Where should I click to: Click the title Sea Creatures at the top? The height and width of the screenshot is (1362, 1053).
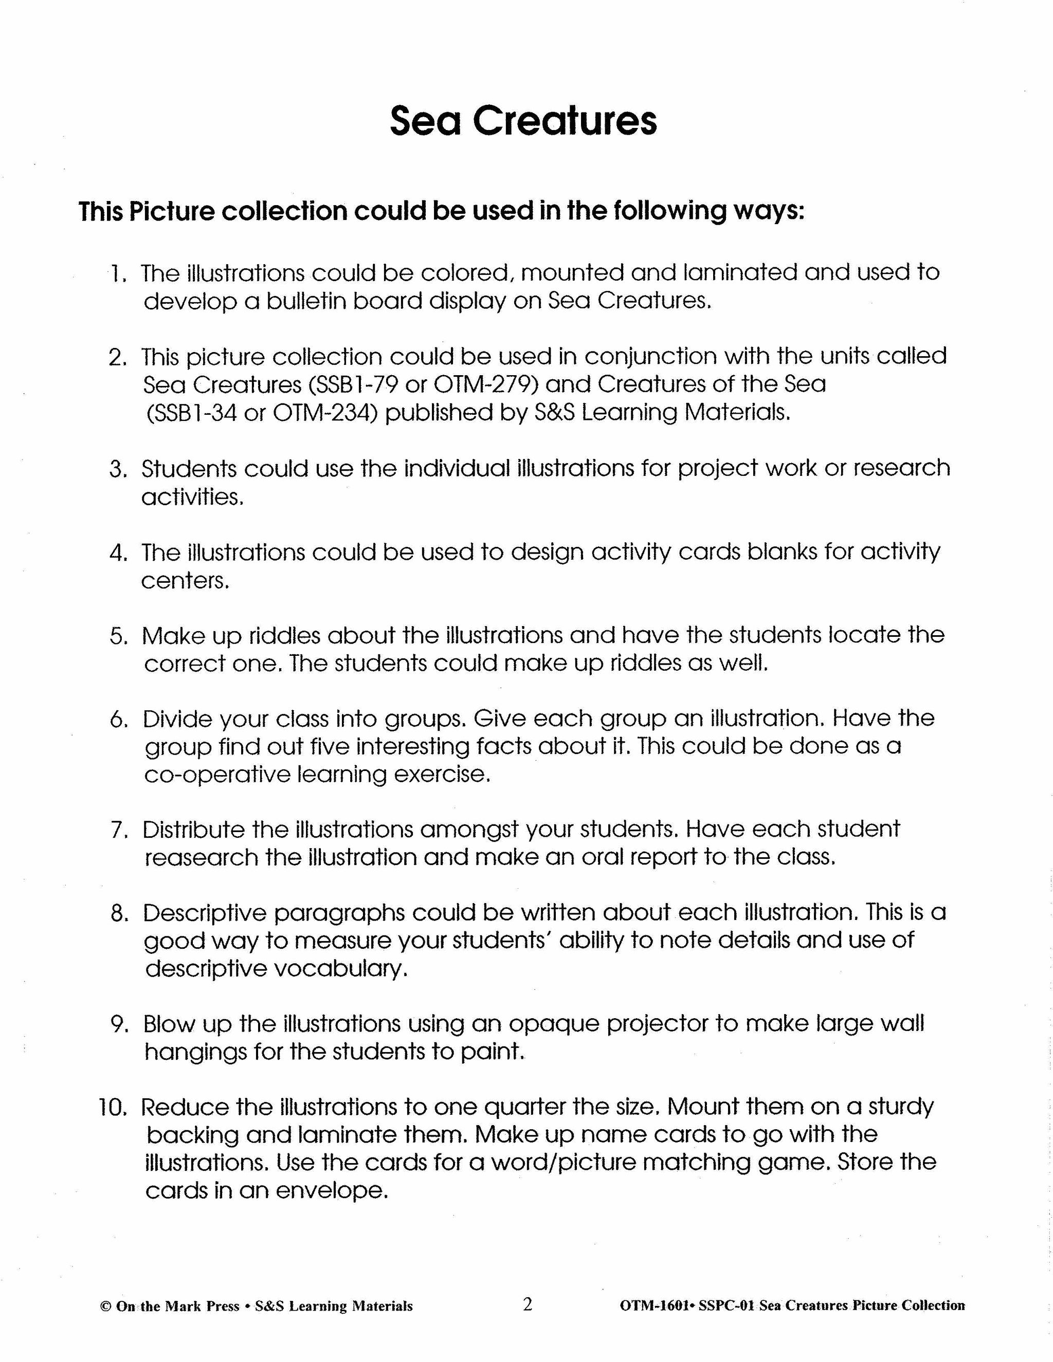tap(523, 120)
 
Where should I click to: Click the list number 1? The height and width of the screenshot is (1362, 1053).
tap(117, 274)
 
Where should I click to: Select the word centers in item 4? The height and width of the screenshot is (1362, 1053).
tap(184, 581)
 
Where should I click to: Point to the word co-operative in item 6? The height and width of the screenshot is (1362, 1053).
tap(216, 775)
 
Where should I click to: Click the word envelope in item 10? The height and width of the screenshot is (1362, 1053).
tap(331, 1192)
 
